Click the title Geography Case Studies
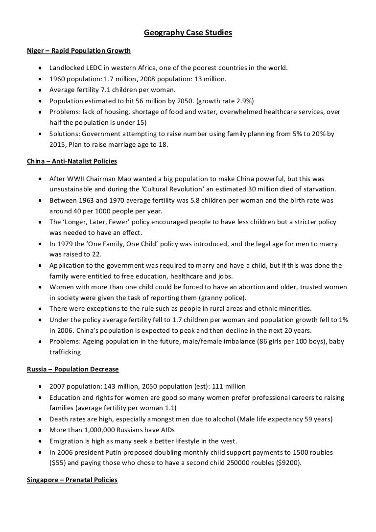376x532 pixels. [188, 33]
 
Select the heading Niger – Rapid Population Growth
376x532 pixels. [79, 50]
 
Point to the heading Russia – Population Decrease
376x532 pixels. [73, 369]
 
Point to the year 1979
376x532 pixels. [65, 244]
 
